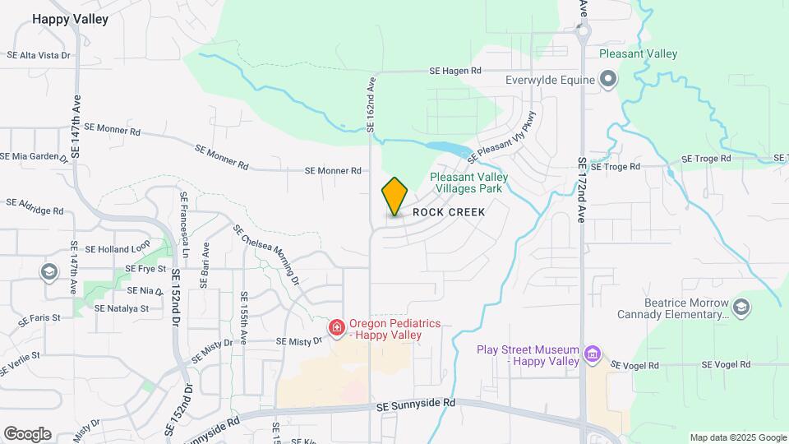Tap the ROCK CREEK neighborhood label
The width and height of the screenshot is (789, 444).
449,212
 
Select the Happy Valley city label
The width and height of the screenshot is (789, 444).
70,19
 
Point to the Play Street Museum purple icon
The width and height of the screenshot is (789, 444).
592,355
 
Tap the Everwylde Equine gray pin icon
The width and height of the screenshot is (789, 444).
608,80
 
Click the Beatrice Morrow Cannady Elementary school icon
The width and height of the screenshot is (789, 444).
741,308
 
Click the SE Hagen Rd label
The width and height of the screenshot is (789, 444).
454,72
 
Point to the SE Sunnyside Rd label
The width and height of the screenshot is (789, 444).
416,405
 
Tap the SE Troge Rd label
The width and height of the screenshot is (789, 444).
615,167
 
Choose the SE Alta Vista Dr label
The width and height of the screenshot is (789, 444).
38,55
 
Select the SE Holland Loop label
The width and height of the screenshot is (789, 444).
118,249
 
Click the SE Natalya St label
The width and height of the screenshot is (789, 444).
121,309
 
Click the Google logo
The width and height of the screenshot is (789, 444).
27,434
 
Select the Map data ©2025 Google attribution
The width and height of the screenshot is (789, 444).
737,437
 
